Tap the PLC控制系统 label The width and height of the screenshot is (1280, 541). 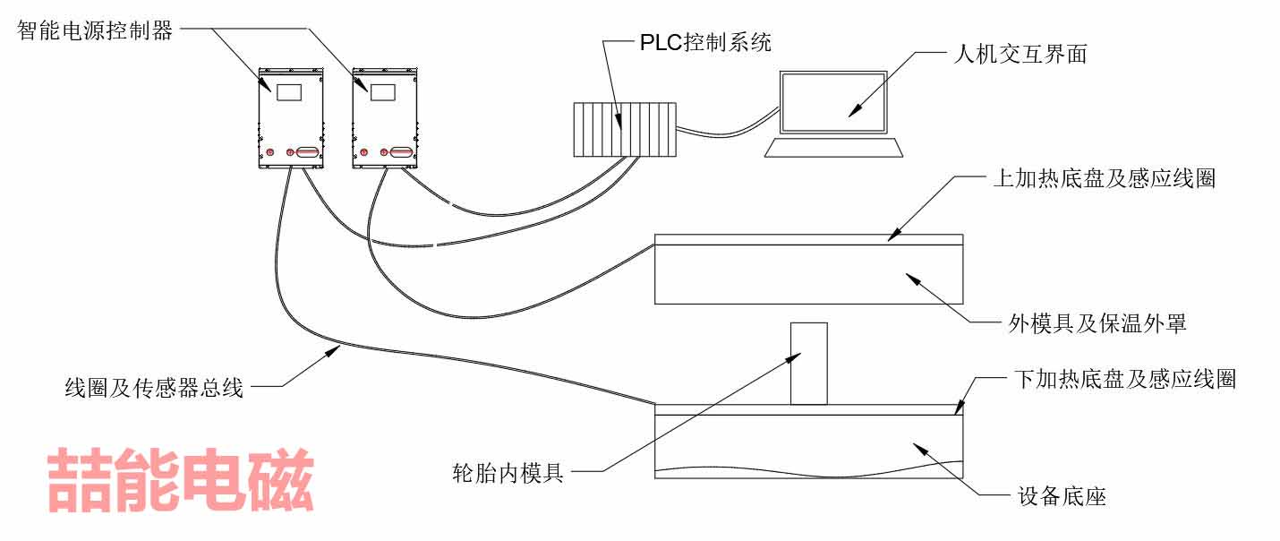point(704,41)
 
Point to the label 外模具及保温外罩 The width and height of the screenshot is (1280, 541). point(1092,323)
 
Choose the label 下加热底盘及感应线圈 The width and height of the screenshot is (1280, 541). point(1124,379)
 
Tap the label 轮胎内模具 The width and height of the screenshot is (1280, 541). point(508,472)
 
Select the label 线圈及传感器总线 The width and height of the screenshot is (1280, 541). point(154,388)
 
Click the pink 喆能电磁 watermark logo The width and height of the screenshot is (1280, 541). point(180,480)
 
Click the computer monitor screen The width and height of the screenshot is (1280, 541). point(832,96)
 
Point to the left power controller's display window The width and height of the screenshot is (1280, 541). point(289,92)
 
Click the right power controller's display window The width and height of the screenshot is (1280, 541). point(383,93)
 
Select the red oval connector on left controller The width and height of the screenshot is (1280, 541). point(306,153)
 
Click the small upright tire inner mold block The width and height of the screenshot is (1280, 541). point(808,364)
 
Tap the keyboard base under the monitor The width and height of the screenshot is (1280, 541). point(833,147)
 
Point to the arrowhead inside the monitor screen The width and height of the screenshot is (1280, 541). point(853,110)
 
